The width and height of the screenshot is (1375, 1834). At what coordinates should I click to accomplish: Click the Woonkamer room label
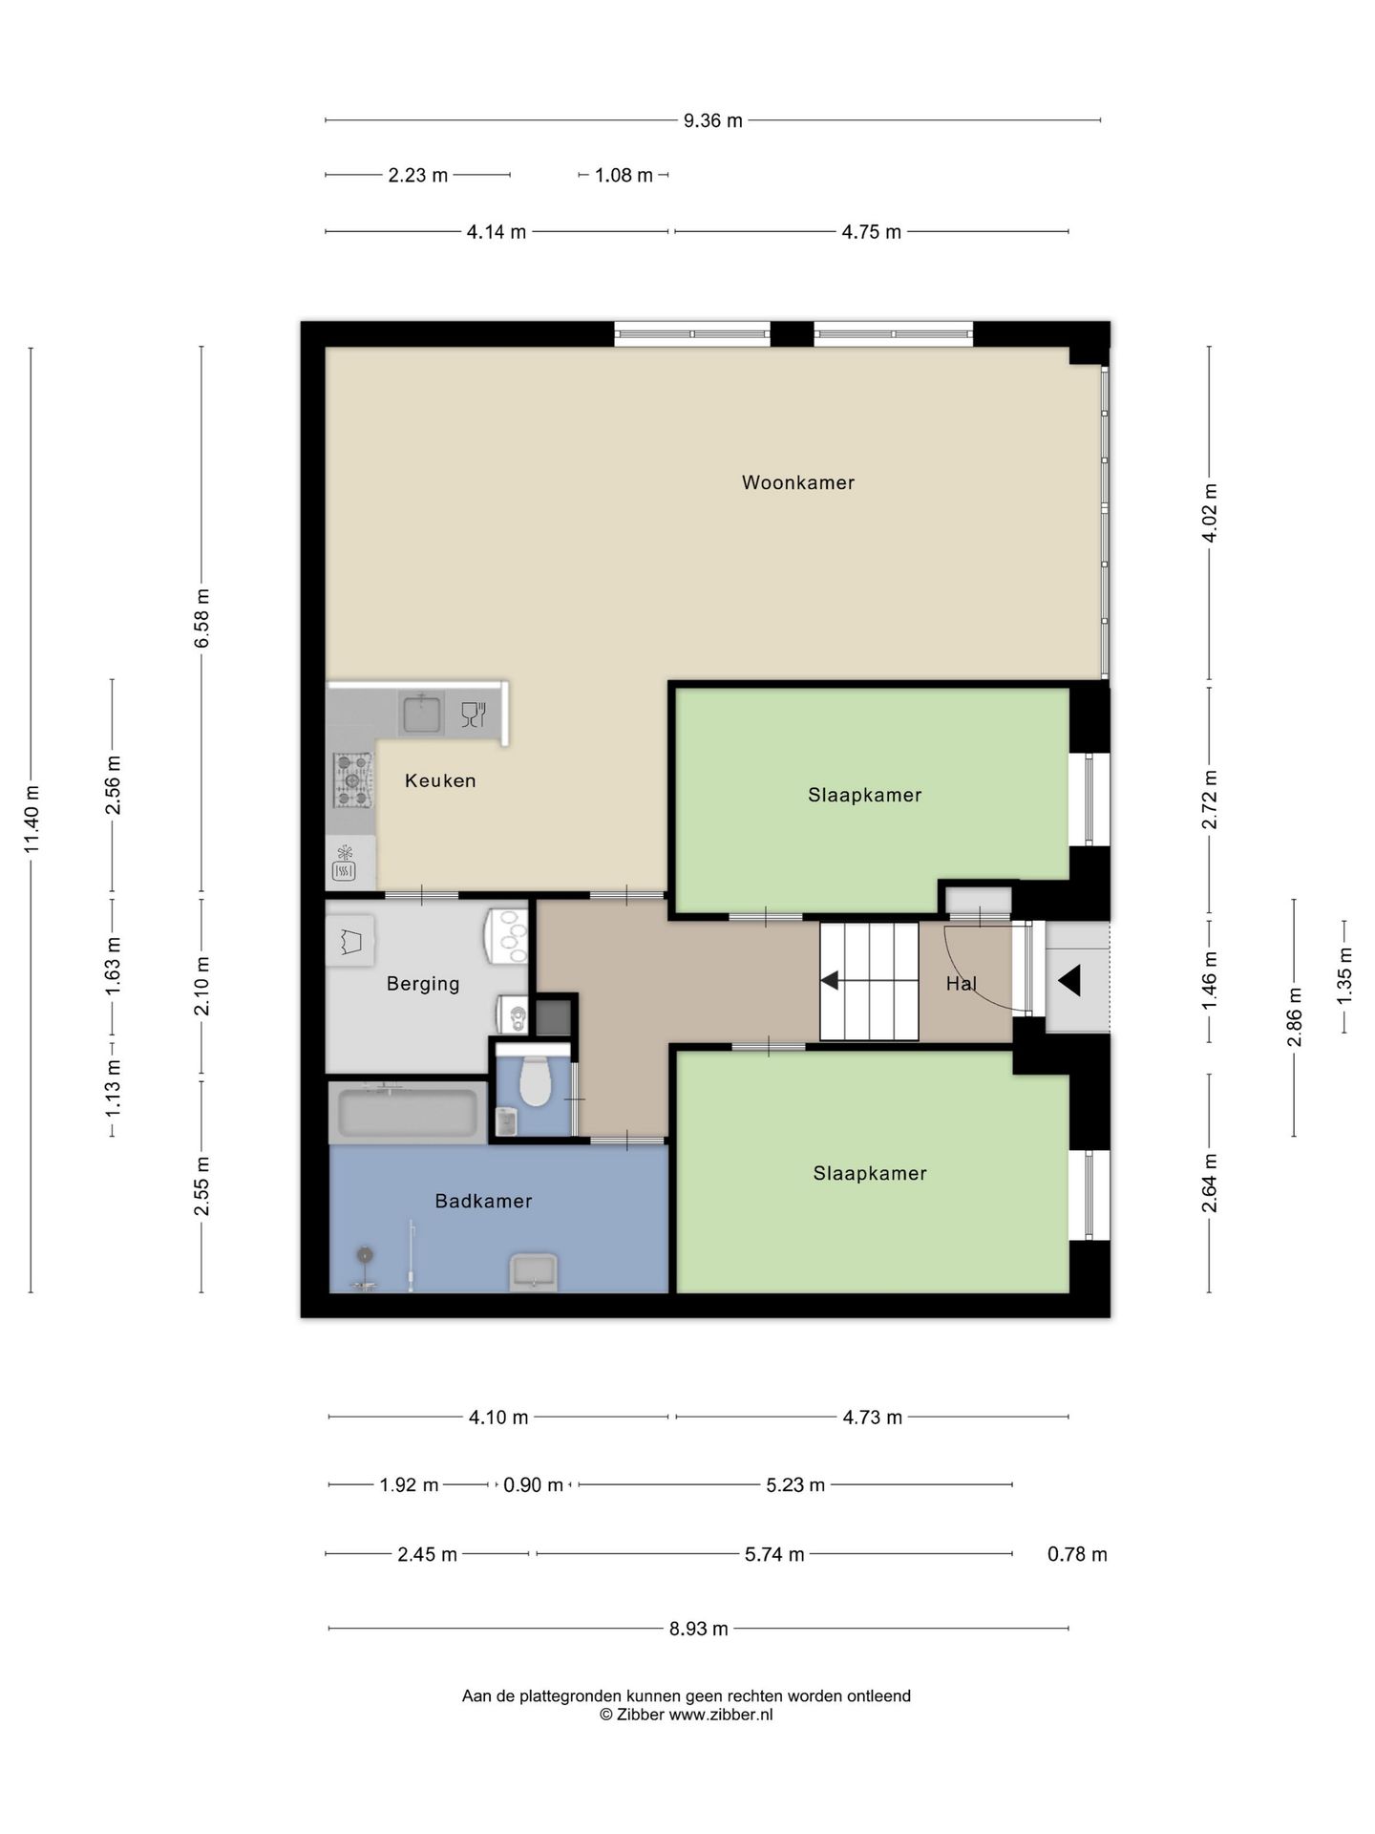797,482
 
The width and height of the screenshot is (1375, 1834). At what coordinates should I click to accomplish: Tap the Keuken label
440,780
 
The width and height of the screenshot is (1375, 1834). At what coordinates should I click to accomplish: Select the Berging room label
423,984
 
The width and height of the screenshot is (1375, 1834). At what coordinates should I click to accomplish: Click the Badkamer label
483,1201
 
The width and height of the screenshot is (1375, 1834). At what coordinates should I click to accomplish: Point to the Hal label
962,983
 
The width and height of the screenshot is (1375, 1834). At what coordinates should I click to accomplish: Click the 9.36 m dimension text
712,120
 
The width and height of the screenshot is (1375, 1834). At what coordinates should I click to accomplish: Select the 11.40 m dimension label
32,819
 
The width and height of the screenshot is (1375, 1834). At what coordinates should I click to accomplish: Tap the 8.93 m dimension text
698,1629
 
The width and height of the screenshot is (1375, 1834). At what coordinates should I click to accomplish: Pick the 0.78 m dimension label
1077,1554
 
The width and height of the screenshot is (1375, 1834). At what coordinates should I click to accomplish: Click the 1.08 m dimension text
624,176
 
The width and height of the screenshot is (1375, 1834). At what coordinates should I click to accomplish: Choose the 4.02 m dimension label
1209,513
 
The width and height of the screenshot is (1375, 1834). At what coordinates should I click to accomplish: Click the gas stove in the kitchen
352,779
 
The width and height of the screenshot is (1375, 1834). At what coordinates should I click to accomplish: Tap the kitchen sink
421,714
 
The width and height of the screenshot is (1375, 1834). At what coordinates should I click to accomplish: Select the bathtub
408,1113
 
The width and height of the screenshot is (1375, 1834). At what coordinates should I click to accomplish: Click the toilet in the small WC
535,1081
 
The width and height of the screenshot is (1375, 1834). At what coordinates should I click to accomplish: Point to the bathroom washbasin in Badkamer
534,1271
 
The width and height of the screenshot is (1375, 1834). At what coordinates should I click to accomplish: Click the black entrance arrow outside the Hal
1069,980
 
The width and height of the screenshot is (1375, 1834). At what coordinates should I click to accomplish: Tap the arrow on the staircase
830,981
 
